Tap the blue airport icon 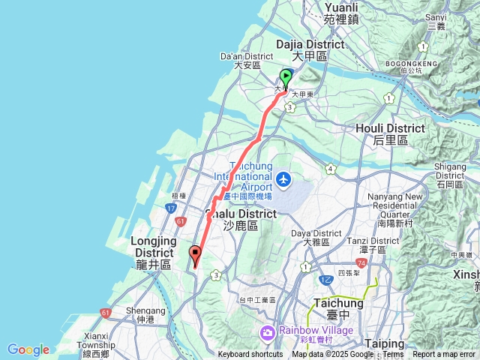pos(283,179)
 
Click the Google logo pos(28,349)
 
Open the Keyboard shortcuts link pos(250,355)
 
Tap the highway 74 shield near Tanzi pos(361,263)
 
